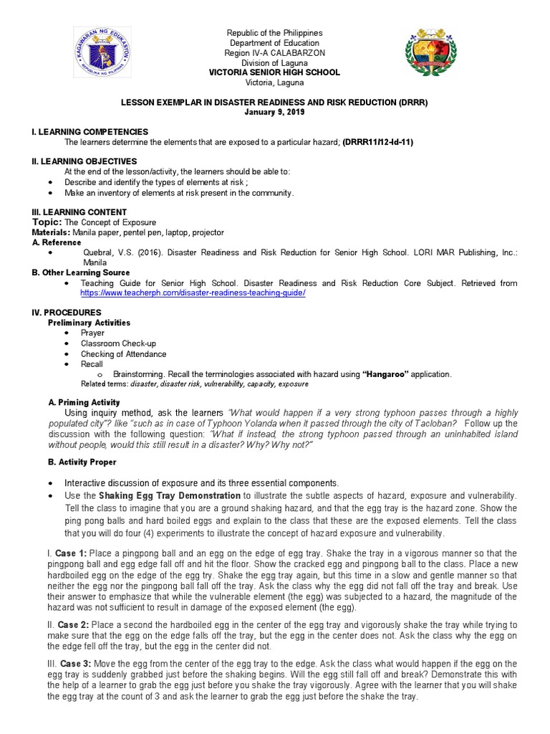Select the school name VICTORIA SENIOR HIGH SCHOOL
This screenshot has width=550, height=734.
[274, 73]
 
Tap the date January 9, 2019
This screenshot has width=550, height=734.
[274, 113]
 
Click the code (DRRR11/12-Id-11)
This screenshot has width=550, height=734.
[377, 143]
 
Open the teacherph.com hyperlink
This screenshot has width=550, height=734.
[193, 294]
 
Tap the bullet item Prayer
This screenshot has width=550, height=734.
[93, 333]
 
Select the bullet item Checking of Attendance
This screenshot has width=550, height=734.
[123, 354]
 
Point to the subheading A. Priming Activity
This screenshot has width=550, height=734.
[83, 403]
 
